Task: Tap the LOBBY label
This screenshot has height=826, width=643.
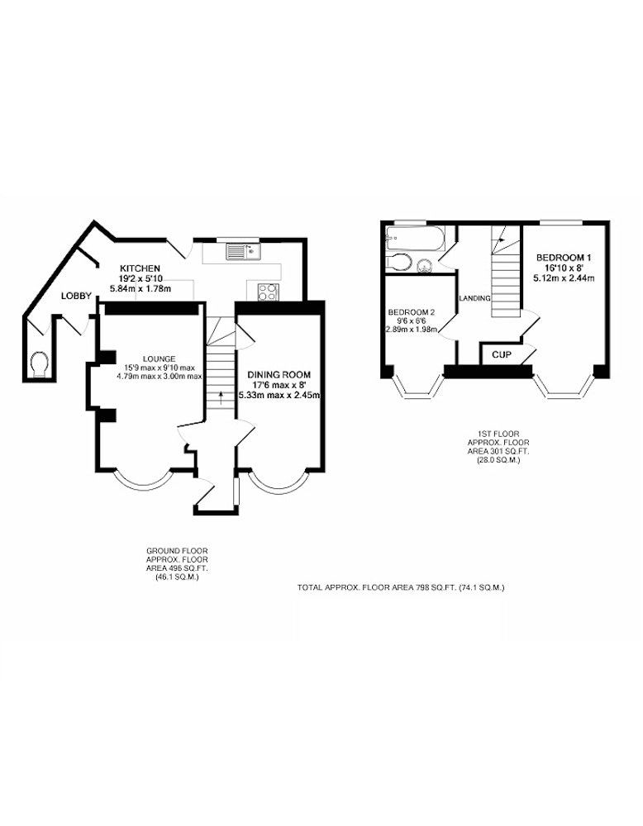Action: (76, 296)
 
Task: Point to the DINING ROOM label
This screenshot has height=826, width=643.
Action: (279, 374)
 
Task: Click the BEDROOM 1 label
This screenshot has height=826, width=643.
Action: (564, 258)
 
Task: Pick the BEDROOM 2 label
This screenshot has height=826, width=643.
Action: (411, 312)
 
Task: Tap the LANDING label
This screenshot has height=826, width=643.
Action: (475, 298)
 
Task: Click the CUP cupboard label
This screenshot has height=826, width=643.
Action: (501, 355)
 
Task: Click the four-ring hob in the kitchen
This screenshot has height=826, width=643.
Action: (268, 292)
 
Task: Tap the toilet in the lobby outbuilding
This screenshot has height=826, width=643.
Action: (40, 364)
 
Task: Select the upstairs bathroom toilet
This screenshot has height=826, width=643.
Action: (398, 262)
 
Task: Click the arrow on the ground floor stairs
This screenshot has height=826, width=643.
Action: (221, 396)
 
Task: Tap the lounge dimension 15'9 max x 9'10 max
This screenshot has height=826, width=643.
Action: (160, 368)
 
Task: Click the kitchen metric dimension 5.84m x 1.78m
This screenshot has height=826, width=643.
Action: (140, 288)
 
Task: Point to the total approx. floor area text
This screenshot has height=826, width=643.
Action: (402, 587)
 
